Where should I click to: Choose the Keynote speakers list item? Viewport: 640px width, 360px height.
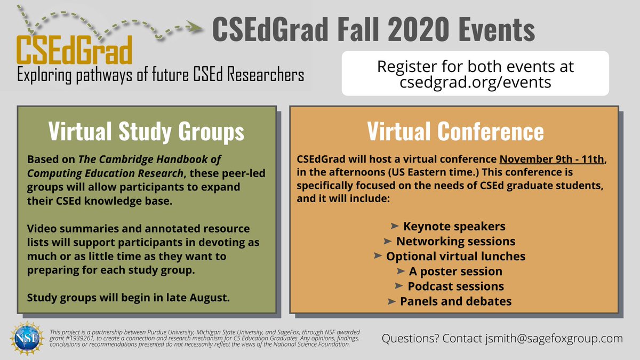point(454,226)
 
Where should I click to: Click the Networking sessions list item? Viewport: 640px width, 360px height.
point(455,241)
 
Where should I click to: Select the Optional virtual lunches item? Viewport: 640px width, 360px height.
point(456,256)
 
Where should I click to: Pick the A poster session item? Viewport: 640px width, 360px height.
point(455,271)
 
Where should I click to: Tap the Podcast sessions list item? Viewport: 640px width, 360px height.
point(455,286)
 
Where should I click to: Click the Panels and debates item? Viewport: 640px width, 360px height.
point(455,301)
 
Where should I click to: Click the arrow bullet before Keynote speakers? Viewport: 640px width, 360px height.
point(395,226)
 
